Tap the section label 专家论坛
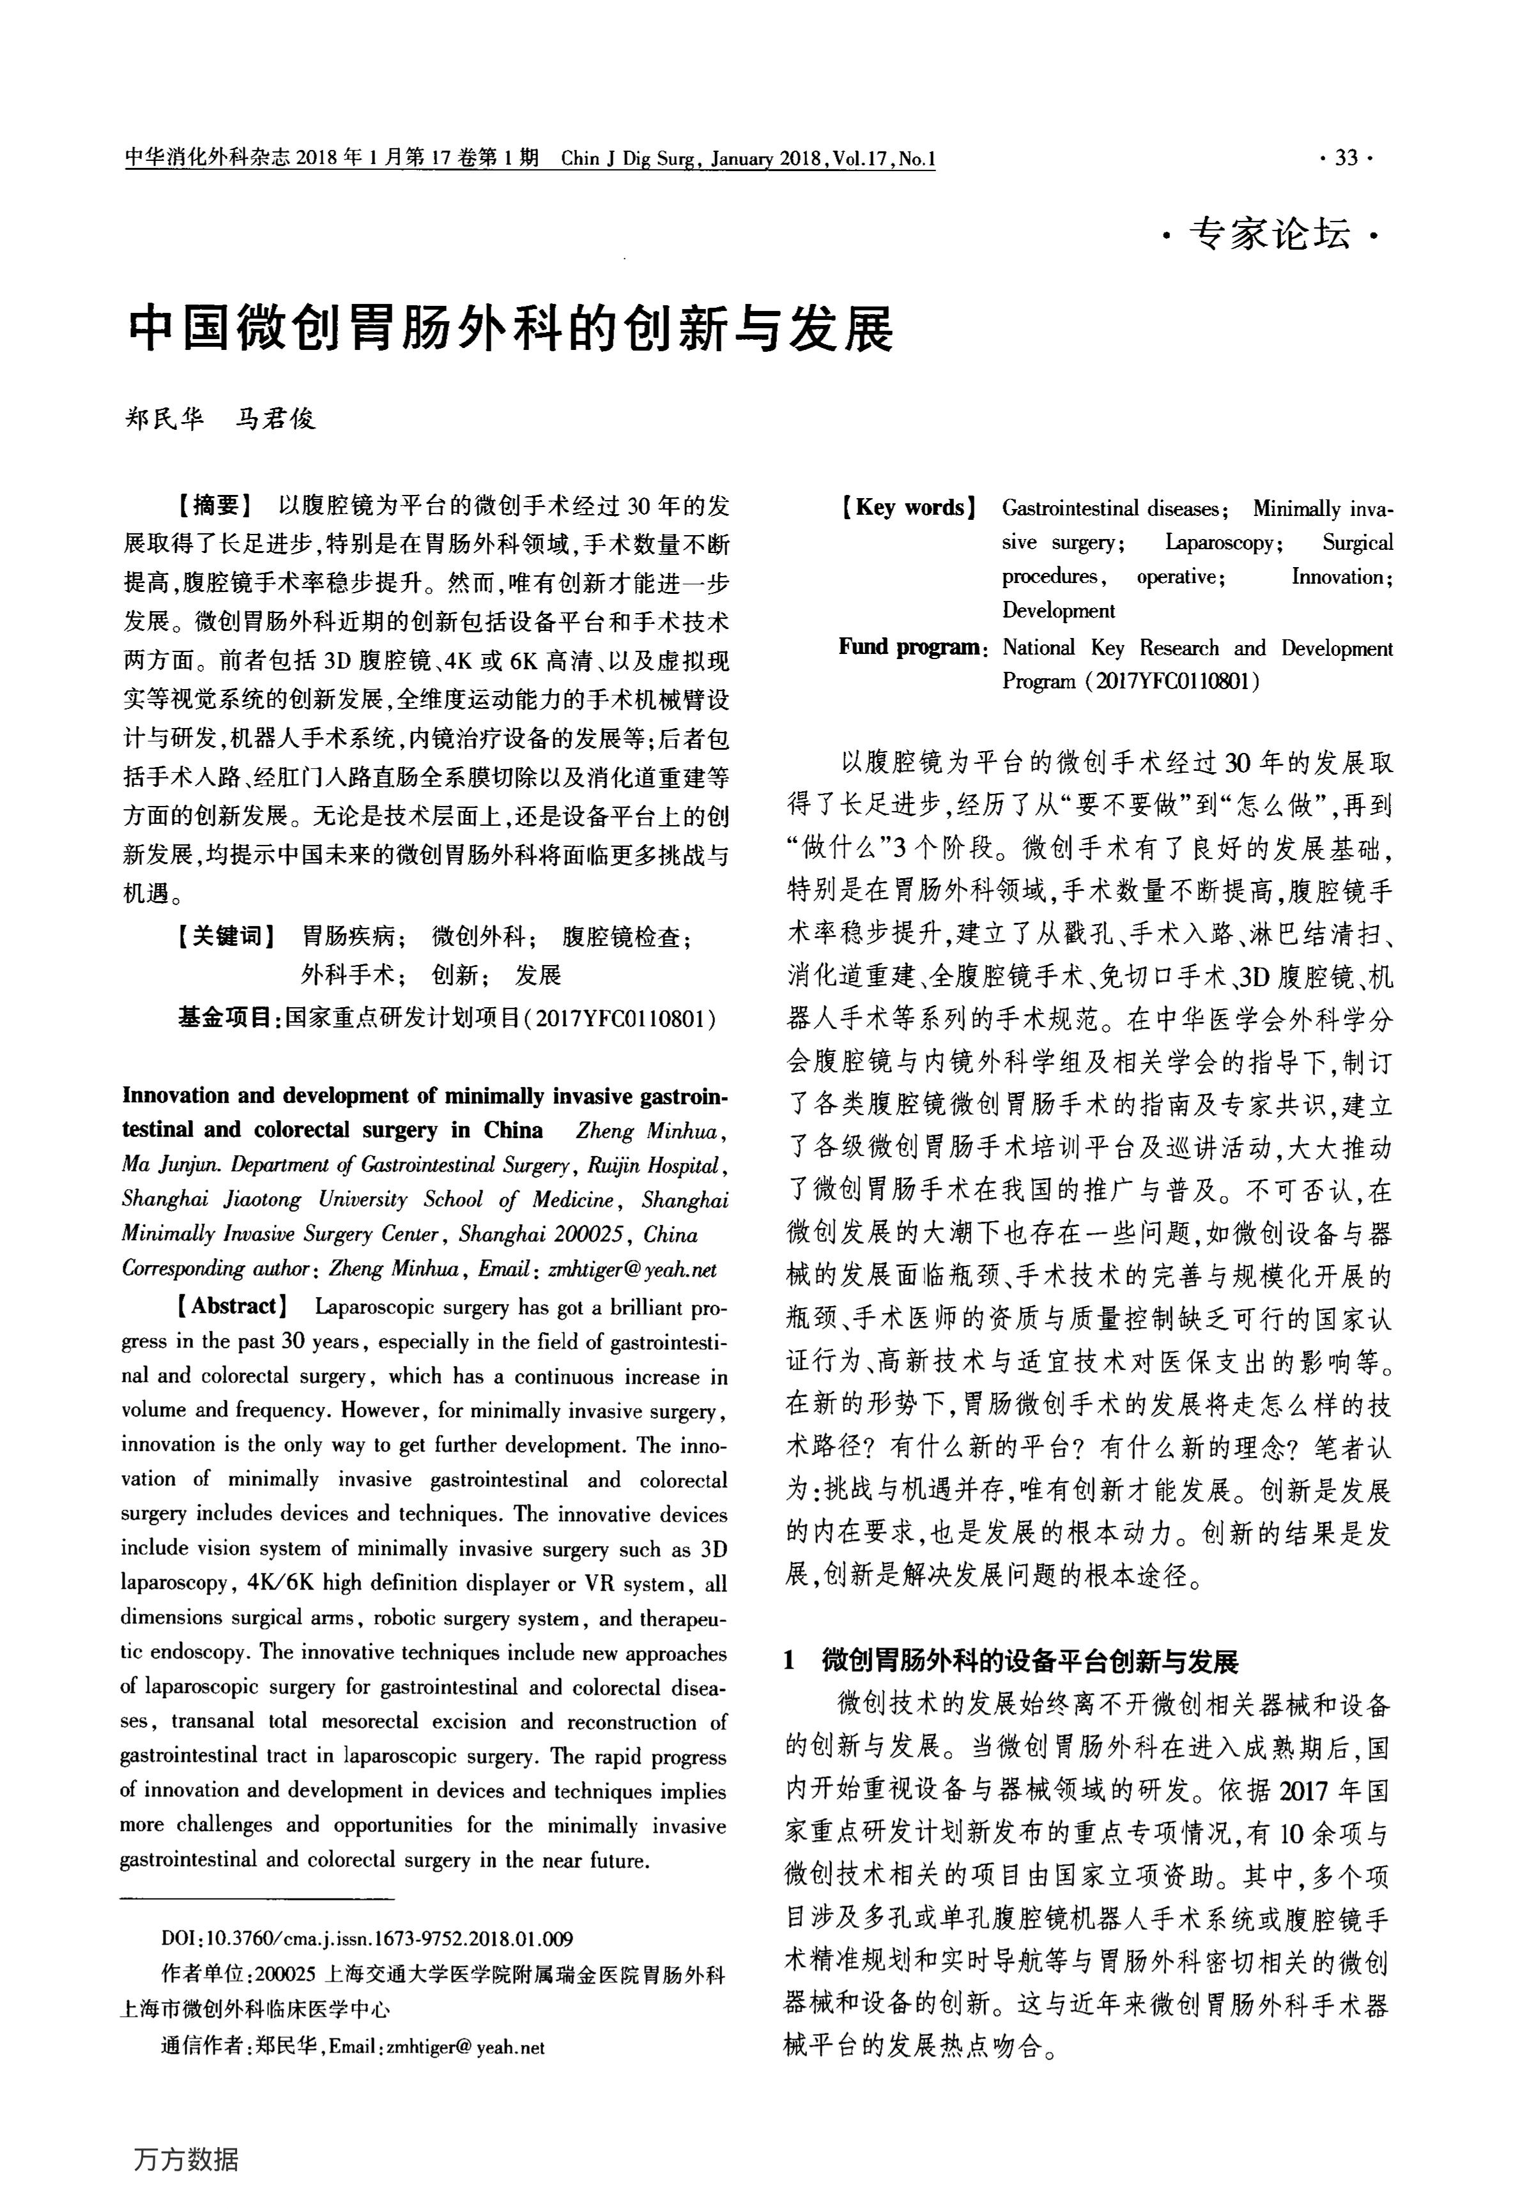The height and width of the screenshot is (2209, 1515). pos(1269,234)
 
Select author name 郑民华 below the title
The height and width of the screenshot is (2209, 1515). pos(165,418)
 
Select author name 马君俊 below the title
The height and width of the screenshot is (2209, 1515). pos(276,418)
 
